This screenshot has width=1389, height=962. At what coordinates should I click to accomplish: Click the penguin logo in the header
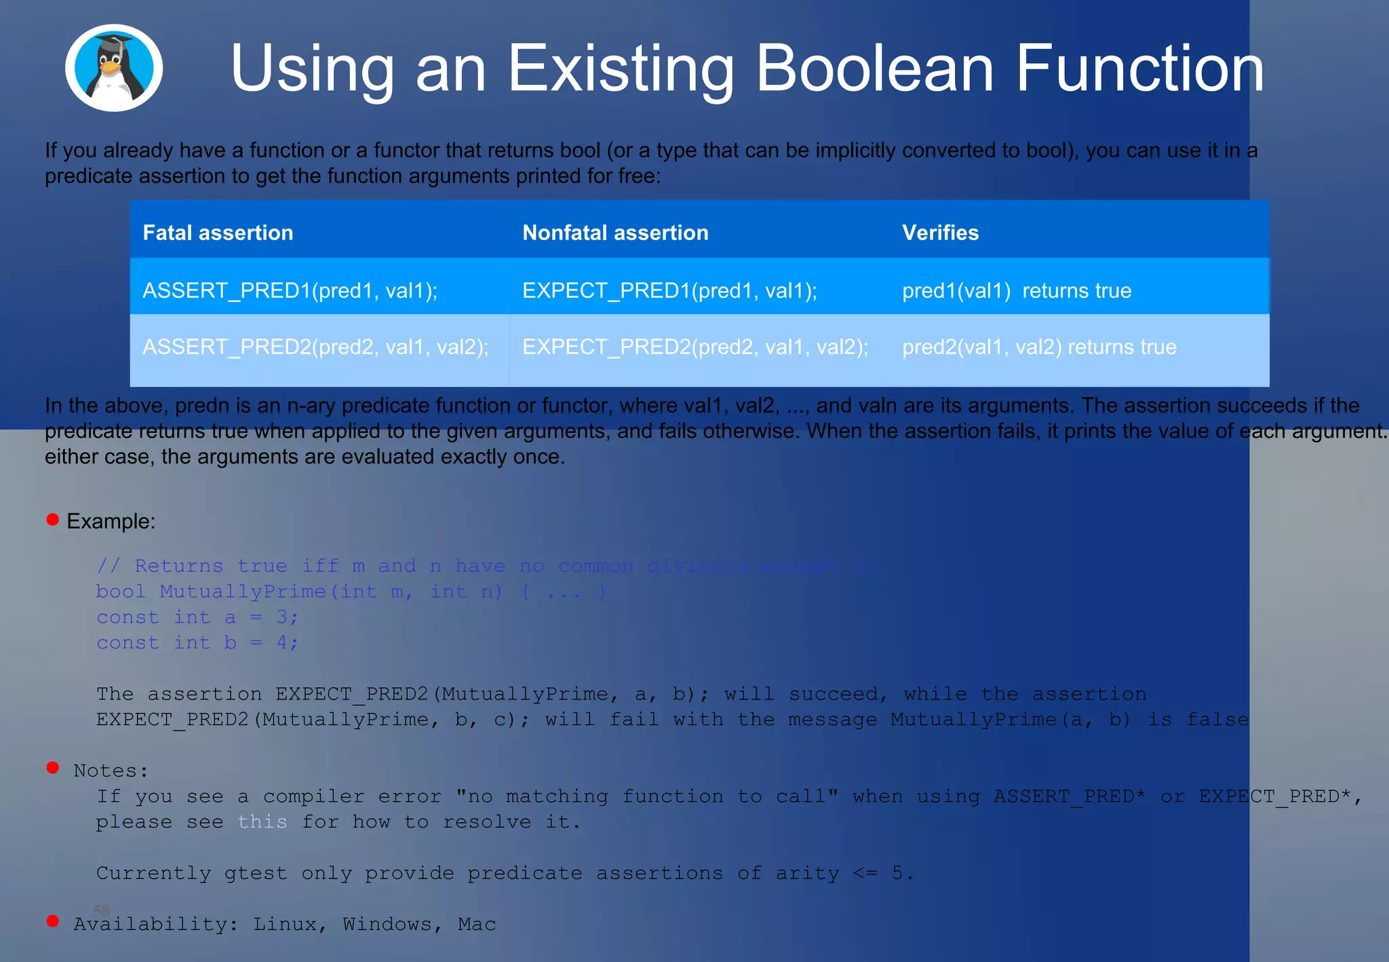(114, 68)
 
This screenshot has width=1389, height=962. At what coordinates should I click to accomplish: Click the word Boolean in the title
(874, 69)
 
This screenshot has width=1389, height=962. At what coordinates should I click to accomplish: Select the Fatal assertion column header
(218, 233)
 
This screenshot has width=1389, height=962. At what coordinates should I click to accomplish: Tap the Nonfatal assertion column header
(615, 233)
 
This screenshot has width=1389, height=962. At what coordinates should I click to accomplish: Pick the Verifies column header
(940, 233)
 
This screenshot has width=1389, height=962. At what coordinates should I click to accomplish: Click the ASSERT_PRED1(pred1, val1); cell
(290, 290)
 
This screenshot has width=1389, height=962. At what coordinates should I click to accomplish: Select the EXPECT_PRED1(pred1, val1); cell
(669, 290)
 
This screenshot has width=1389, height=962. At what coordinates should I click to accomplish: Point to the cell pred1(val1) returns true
(1016, 290)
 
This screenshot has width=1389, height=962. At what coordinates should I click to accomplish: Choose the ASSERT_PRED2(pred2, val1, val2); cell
(315, 347)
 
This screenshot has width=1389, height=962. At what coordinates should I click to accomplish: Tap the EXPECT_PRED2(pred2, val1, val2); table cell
(695, 347)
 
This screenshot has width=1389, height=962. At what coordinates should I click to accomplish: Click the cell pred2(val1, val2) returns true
(1039, 347)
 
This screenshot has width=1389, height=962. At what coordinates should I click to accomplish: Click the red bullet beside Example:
(53, 520)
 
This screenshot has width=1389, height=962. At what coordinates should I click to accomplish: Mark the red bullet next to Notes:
(53, 767)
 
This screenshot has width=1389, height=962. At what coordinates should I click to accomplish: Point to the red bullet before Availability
(53, 921)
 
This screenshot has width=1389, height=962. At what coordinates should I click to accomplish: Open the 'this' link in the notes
(262, 822)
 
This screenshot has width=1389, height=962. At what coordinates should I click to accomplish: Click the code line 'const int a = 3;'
(197, 617)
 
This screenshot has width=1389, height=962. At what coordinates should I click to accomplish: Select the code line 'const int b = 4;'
(197, 642)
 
